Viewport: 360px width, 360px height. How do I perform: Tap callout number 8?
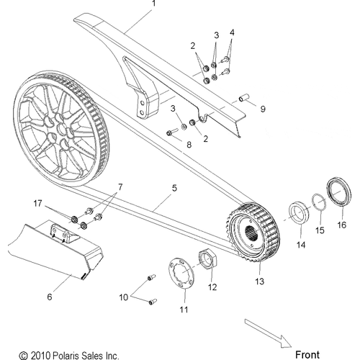(190, 145)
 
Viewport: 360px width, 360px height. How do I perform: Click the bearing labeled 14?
(297, 215)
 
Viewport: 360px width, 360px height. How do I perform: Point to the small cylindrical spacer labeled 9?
(242, 97)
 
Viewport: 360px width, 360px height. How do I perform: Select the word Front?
(307, 354)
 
